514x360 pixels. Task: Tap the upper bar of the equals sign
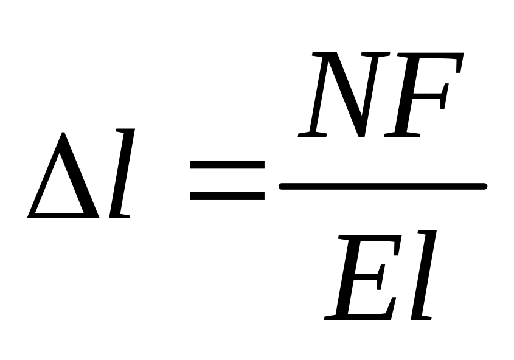click(227, 165)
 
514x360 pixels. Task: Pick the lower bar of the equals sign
click(227, 196)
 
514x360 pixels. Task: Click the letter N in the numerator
click(341, 94)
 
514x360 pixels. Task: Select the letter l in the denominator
click(424, 275)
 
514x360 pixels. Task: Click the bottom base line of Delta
click(64, 215)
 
